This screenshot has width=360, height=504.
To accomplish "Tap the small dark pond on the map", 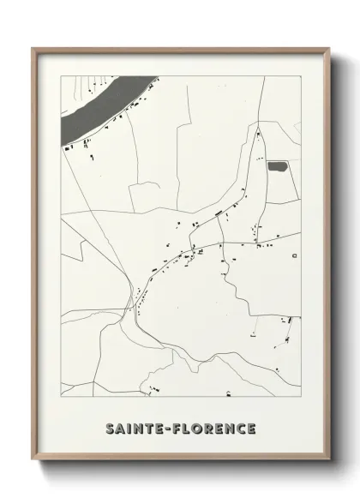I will pyautogui.click(x=278, y=166).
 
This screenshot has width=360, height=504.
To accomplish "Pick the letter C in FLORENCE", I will pyautogui.click(x=239, y=428).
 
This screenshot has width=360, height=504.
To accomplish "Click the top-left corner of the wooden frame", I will pyautogui.click(x=33, y=48).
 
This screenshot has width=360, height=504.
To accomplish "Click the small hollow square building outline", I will pyautogui.click(x=294, y=255).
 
